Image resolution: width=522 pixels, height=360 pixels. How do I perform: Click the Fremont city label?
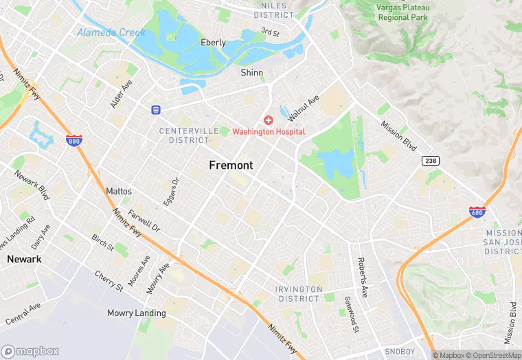[231, 166]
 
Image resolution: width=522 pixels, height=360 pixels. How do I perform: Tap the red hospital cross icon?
[268, 120]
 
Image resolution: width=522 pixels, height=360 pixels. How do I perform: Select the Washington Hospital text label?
[268, 131]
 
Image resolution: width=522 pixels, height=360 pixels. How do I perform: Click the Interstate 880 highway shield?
[73, 140]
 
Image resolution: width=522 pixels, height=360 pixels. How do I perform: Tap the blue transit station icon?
[156, 109]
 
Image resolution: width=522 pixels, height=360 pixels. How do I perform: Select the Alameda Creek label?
[111, 32]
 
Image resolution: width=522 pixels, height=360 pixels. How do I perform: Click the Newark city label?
[24, 259]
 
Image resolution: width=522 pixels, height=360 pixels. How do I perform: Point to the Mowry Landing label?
[136, 313]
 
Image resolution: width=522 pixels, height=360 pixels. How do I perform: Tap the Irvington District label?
[299, 294]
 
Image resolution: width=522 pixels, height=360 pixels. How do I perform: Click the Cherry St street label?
[109, 282]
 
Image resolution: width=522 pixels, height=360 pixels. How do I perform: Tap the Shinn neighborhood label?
[251, 73]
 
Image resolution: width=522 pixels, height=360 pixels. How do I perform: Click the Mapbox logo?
[30, 351]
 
